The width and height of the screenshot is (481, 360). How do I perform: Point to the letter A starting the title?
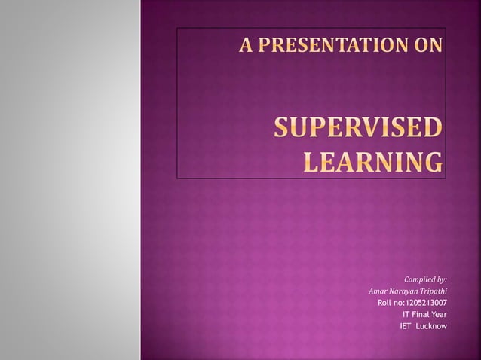(246, 47)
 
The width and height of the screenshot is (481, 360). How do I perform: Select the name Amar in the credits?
(379, 291)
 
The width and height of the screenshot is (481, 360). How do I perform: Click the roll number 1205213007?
(426, 303)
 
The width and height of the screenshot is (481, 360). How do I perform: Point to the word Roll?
(384, 303)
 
